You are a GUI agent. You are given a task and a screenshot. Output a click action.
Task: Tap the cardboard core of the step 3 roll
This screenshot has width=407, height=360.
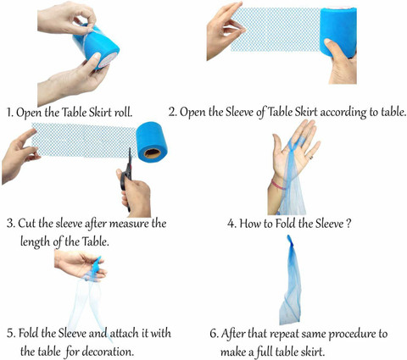152,153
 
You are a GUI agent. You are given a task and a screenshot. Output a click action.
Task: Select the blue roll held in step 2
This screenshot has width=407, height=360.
338,31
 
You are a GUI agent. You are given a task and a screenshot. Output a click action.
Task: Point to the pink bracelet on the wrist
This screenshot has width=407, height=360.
277,185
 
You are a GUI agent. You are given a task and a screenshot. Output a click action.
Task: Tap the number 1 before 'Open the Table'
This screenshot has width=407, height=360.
9,113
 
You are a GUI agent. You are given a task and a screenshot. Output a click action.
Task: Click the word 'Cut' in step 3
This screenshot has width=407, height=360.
27,224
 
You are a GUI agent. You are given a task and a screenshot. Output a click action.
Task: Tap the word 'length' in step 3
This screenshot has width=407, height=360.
36,242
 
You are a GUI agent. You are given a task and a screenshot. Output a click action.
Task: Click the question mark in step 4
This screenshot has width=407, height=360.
348,224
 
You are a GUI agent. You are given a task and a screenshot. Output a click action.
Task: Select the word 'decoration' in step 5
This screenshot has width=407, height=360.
108,352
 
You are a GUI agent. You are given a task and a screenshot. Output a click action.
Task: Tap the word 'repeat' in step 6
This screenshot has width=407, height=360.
283,335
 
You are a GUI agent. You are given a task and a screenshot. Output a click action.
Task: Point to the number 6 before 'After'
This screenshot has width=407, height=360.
214,334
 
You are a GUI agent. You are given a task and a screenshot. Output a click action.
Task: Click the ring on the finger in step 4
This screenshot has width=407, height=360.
311,157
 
